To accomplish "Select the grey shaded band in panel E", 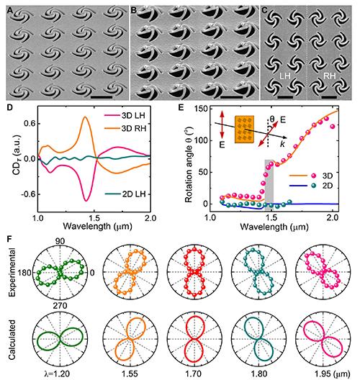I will [269, 184].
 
